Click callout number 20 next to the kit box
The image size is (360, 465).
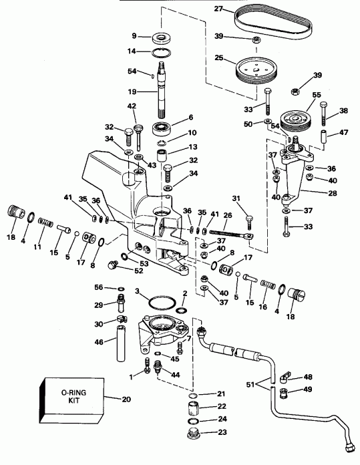coord(127,400)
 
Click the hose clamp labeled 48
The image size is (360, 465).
coord(283,378)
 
